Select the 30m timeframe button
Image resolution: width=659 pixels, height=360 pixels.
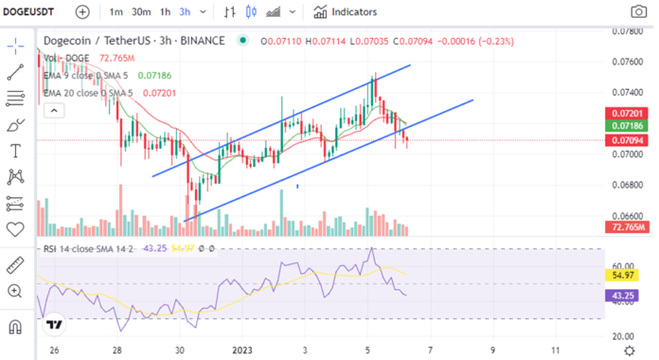coord(141,11)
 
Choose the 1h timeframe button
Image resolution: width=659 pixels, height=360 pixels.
coord(165,11)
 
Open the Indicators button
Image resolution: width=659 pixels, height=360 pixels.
coord(346,11)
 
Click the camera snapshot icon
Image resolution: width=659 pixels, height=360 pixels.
coord(639,12)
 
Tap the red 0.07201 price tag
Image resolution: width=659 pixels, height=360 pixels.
coord(628,113)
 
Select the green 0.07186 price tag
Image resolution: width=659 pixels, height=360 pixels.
coord(628,125)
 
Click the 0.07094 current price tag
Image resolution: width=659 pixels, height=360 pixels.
coord(628,140)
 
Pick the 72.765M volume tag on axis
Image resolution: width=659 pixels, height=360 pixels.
coord(628,227)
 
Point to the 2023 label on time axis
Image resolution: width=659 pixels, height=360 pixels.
coord(243,350)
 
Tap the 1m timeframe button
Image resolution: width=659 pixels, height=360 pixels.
coord(116,11)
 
